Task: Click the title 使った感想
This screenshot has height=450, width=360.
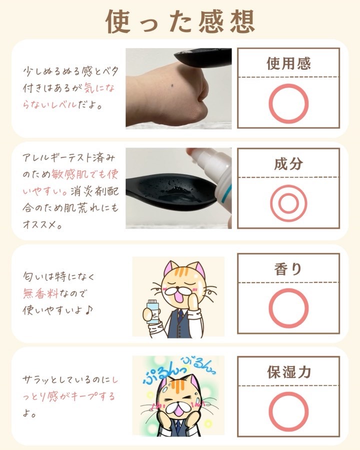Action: pos(180,21)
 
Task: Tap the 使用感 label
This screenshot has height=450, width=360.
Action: pos(288,63)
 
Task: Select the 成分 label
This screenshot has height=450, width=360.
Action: pos(288,163)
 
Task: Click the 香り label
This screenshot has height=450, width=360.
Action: pos(288,269)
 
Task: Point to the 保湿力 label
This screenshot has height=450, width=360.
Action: pos(289,372)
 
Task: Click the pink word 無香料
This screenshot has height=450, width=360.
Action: pos(41,293)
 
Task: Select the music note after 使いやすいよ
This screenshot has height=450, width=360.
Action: pos(89,309)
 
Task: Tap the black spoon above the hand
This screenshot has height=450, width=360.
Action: pos(204,56)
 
